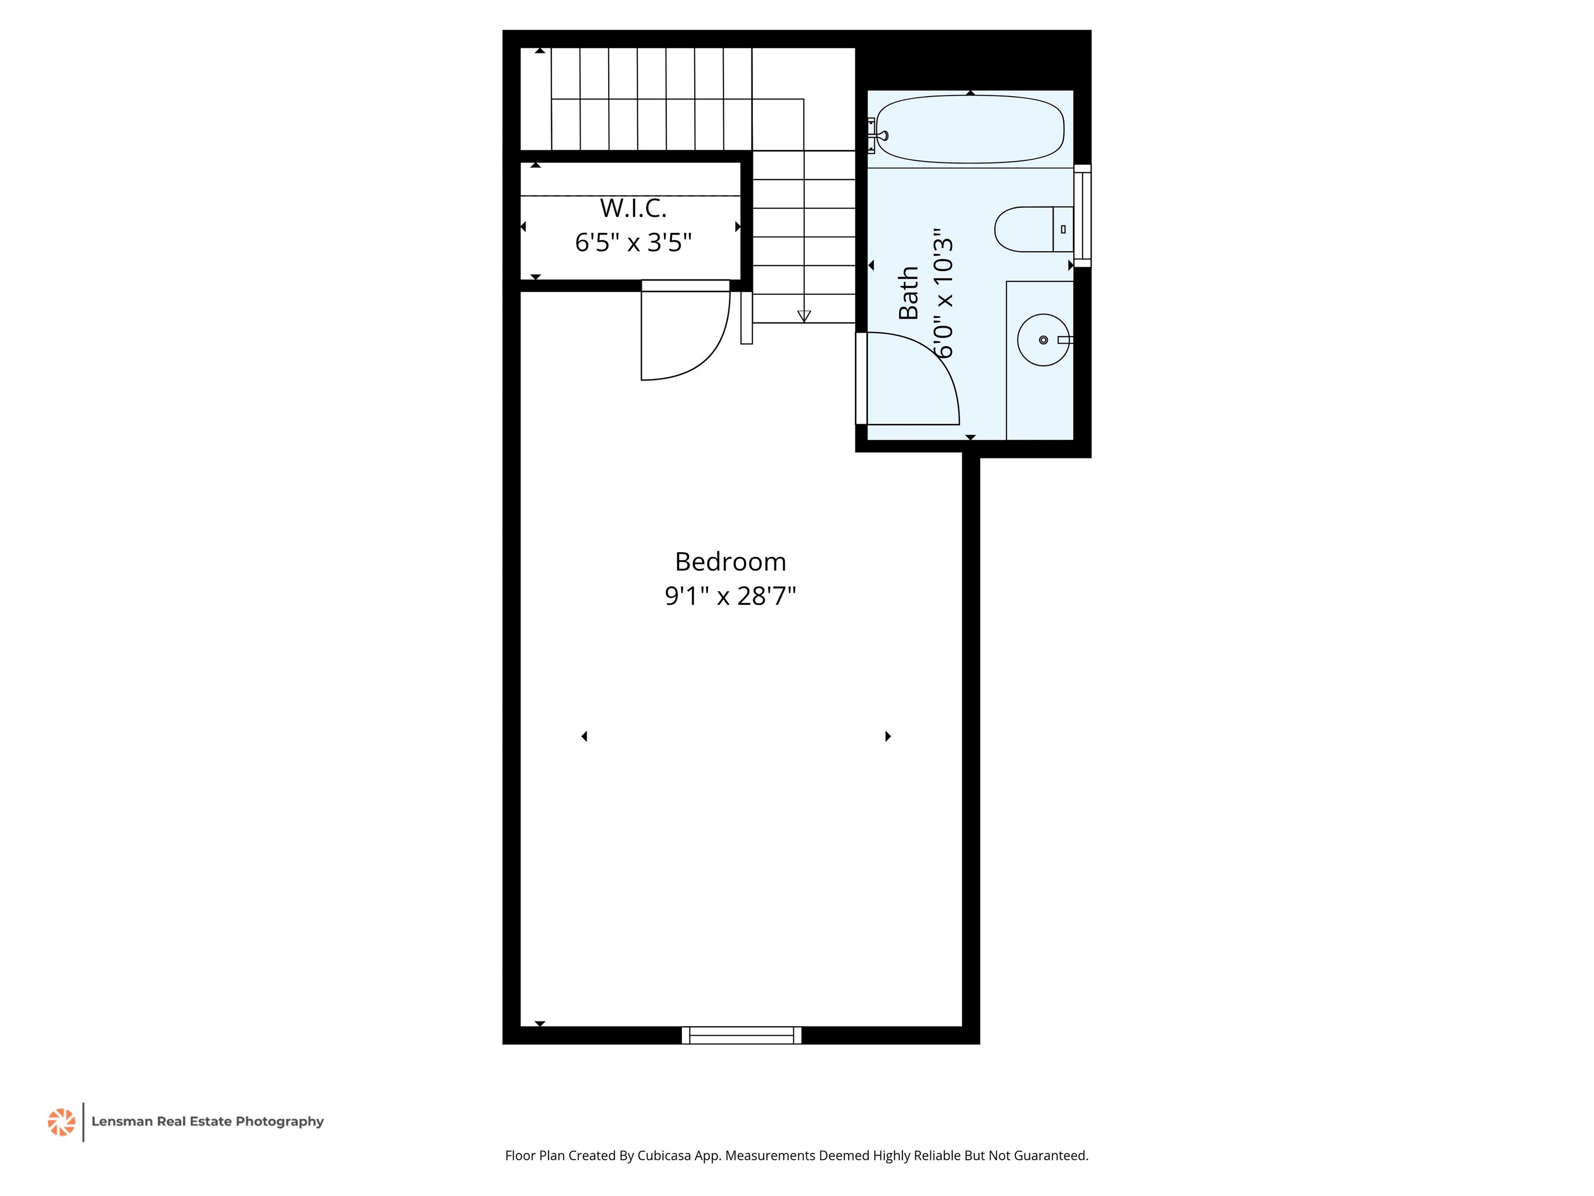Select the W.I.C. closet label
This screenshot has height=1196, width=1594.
point(634,208)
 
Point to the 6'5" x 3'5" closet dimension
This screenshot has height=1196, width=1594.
point(634,242)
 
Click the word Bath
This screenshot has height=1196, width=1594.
point(909,293)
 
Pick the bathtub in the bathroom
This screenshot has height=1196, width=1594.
point(970,129)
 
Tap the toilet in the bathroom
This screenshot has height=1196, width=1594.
point(1034,229)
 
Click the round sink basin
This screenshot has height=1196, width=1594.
point(1043,339)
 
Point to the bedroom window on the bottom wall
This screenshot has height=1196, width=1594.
point(741,1035)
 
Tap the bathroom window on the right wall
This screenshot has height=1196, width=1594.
point(1082,215)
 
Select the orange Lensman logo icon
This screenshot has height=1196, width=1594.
point(61,1122)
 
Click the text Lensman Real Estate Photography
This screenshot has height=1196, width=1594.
point(208,1122)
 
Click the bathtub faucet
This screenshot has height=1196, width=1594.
point(880,135)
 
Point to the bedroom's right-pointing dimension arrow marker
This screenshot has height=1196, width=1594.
point(888,736)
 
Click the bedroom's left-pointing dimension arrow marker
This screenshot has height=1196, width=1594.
point(584,736)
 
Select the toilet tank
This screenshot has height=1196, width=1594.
point(1063,229)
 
